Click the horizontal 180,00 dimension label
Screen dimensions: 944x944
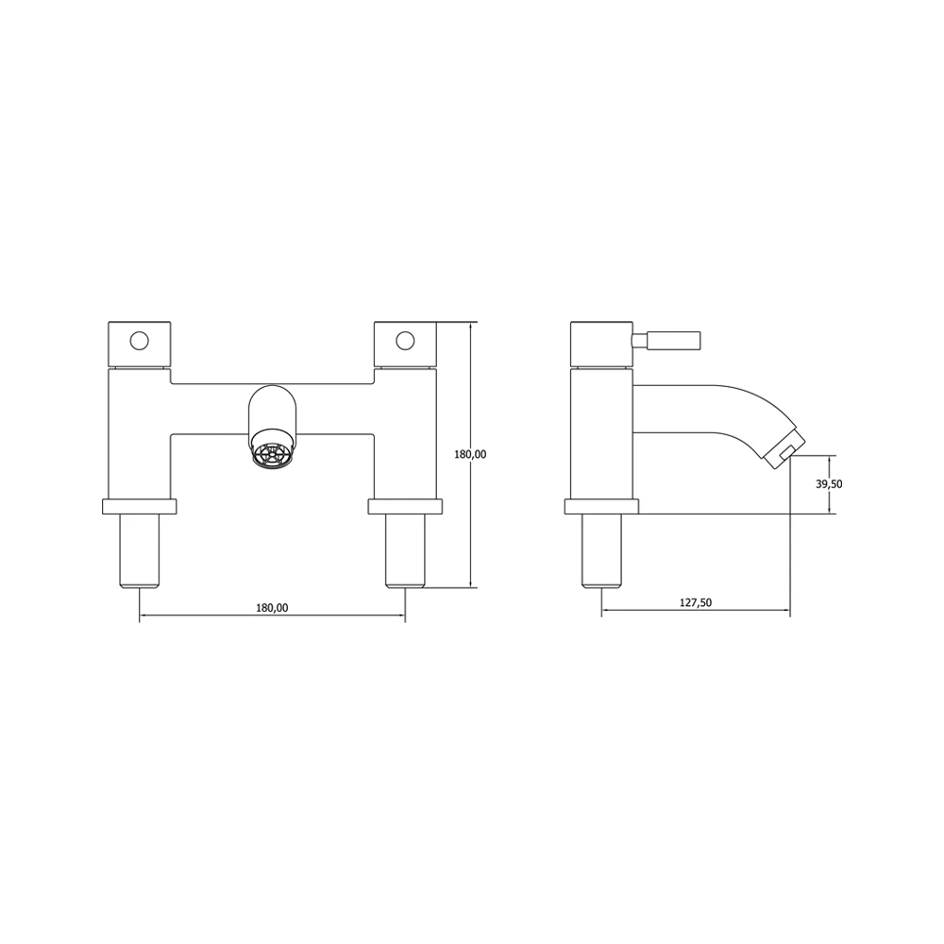coord(272,608)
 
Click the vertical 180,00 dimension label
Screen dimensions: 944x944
coord(470,454)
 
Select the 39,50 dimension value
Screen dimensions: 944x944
coord(830,483)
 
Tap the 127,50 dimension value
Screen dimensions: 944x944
coord(696,603)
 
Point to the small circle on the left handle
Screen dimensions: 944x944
coord(140,339)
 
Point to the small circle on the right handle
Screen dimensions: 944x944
coord(406,339)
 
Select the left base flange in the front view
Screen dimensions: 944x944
coord(139,506)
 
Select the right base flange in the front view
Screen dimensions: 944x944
coord(405,506)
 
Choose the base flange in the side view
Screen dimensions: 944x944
coord(601,506)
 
